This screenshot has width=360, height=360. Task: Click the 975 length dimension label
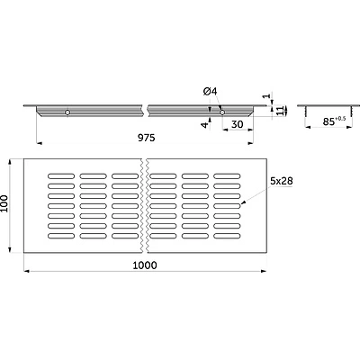[147, 138]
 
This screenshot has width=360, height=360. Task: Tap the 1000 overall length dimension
[145, 265]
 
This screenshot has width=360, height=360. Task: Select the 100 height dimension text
[4, 203]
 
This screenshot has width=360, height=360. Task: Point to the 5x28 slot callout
[282, 181]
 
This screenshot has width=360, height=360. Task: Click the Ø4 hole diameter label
[210, 91]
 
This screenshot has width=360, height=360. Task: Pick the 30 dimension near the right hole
[238, 124]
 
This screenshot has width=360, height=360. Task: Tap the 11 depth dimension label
[280, 111]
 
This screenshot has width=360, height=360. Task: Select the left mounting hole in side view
[67, 112]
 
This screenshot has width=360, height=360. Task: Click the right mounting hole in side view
[222, 112]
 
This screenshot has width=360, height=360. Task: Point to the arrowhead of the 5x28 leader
[243, 202]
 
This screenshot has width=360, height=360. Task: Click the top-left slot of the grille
[61, 175]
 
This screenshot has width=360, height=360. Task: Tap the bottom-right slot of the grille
[227, 236]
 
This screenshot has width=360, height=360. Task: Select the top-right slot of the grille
[227, 175]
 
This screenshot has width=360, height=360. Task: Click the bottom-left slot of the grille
[61, 236]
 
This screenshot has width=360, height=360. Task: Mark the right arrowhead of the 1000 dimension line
[264, 271]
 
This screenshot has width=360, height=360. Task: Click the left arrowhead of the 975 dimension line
[39, 143]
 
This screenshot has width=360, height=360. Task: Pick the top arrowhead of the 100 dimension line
[10, 162]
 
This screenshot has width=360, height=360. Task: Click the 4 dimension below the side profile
[204, 125]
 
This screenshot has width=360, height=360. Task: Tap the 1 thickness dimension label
[265, 96]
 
